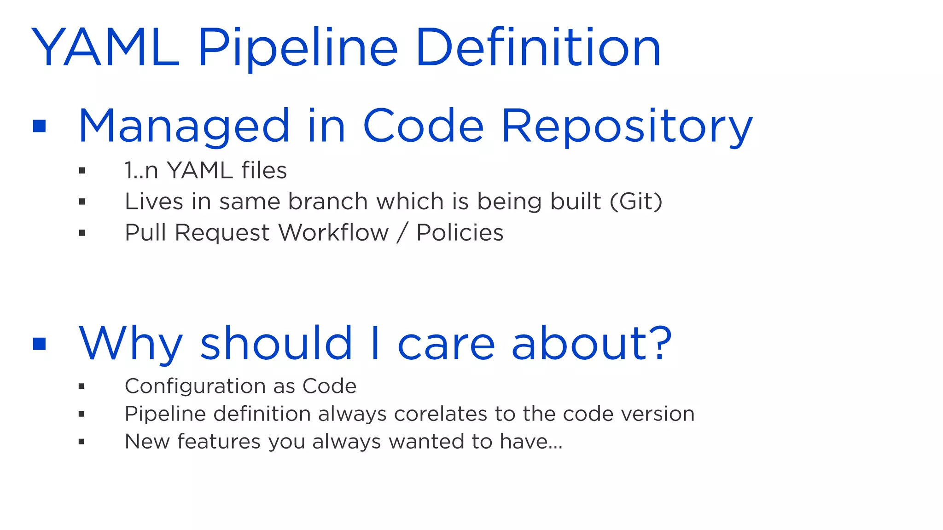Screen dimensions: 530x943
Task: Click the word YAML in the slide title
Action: tap(105, 48)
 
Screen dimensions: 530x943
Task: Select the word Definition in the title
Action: tap(538, 48)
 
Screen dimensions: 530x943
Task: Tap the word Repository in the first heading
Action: tap(627, 126)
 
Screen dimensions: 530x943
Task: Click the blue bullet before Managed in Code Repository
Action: tap(40, 126)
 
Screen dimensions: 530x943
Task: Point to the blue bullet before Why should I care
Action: tap(40, 344)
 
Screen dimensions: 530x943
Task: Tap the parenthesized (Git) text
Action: tap(636, 202)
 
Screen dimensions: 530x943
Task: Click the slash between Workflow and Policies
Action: tap(402, 233)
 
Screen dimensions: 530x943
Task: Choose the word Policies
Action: tap(460, 233)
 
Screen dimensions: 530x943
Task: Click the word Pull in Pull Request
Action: tap(146, 233)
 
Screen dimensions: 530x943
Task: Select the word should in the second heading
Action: tap(276, 344)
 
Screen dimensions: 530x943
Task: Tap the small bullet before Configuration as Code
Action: tap(81, 386)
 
